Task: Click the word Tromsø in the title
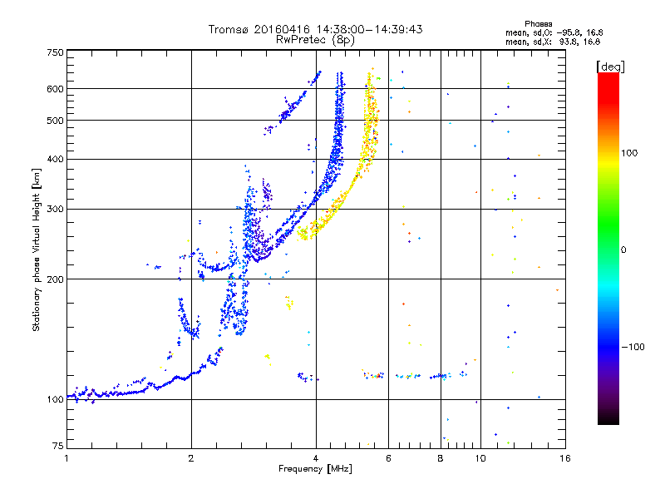click(x=229, y=29)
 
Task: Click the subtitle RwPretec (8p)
click(x=315, y=40)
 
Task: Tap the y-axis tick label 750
click(x=56, y=52)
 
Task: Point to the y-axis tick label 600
click(x=56, y=89)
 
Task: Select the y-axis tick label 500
click(x=56, y=121)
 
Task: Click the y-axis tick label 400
click(x=56, y=160)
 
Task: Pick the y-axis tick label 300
click(x=56, y=210)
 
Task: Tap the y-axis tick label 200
click(x=56, y=279)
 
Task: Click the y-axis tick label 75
click(x=58, y=446)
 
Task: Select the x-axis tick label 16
click(x=565, y=458)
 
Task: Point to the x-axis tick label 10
click(x=480, y=458)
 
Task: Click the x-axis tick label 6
click(x=388, y=458)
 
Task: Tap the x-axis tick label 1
click(x=67, y=458)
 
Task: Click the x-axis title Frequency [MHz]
click(x=315, y=469)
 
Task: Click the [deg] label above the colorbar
click(x=610, y=67)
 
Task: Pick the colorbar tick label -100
click(x=633, y=347)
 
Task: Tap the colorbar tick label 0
click(x=623, y=250)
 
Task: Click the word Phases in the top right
click(x=538, y=24)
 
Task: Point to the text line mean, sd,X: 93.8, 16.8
click(x=553, y=42)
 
